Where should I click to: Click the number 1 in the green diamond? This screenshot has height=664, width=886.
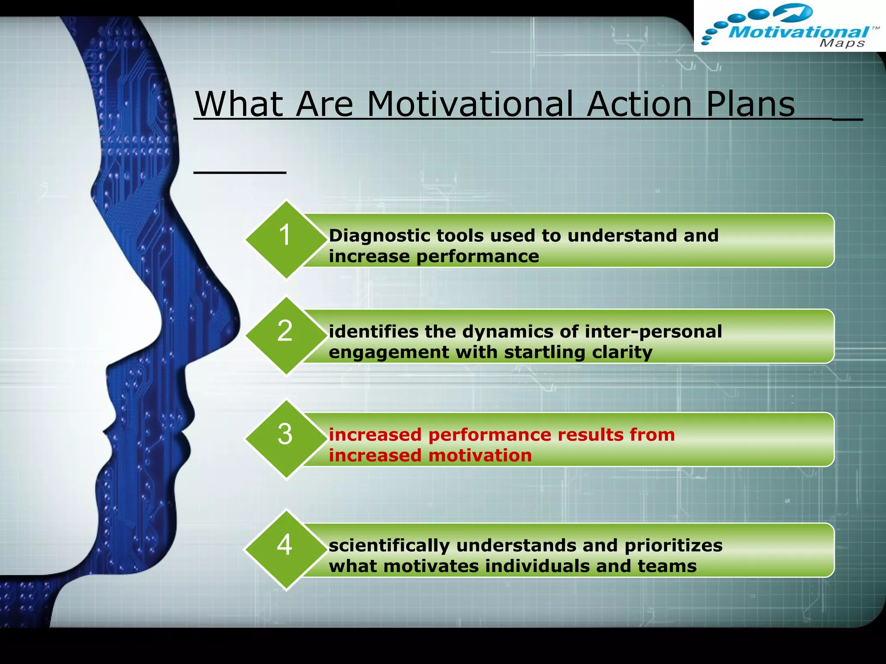[x=285, y=236]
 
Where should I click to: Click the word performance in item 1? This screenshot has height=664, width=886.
[x=478, y=256]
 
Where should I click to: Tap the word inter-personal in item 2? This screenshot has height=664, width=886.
[x=653, y=332]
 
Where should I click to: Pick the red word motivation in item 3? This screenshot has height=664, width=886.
[x=480, y=456]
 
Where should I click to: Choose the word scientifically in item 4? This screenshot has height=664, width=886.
[x=389, y=546]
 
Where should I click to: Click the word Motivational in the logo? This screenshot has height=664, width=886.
[x=799, y=32]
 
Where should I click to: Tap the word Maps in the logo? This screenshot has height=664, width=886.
[x=842, y=43]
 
